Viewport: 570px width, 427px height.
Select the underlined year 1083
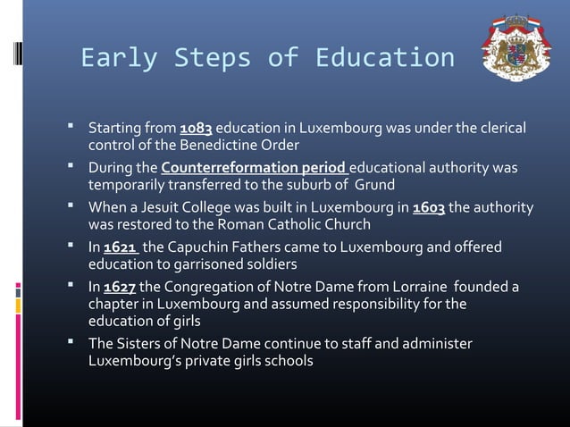[x=196, y=127]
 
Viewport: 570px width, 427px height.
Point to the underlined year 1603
[x=428, y=208]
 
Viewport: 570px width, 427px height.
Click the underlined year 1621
[x=121, y=247]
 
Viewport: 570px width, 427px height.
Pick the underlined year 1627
[x=120, y=288]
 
